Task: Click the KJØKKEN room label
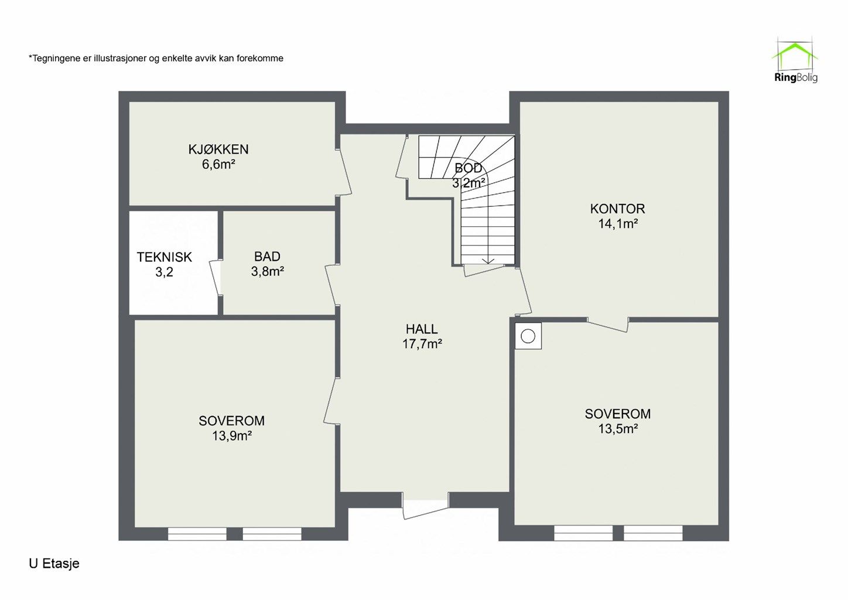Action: pos(218,149)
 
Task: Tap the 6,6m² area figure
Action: pos(218,165)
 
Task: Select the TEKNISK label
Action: pos(165,257)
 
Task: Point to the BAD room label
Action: pos(267,257)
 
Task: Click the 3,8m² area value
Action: pos(267,271)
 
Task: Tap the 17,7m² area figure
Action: pos(422,343)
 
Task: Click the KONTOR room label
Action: pos(617,209)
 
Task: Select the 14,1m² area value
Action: pos(618,223)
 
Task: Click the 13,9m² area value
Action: pos(232,435)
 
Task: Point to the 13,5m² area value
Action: pos(618,428)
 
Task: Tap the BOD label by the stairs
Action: pos(469,168)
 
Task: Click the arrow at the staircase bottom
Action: pos(488,260)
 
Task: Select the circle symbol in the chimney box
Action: pos(528,336)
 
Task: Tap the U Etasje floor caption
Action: pos(54,564)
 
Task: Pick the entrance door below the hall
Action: pos(425,505)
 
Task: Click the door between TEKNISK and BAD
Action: pos(216,277)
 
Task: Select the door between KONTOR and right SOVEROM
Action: pos(608,325)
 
